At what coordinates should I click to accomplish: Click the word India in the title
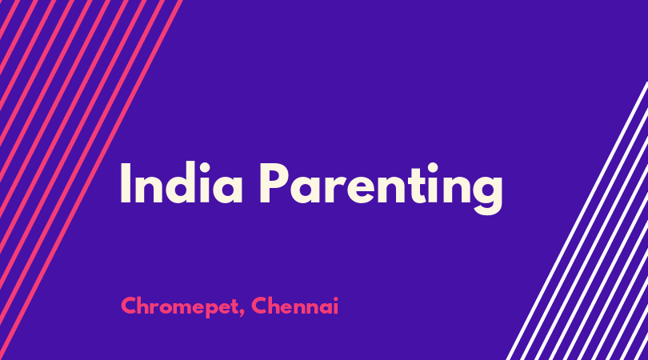pyautogui.click(x=182, y=182)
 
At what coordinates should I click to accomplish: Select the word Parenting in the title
pyautogui.click(x=381, y=188)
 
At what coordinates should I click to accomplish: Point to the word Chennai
pyautogui.click(x=294, y=306)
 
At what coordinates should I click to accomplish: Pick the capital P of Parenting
pyautogui.click(x=274, y=182)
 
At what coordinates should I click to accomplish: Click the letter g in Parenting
pyautogui.click(x=487, y=194)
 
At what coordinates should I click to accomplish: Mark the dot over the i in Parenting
pyautogui.click(x=433, y=167)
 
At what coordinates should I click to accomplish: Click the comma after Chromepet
pyautogui.click(x=242, y=314)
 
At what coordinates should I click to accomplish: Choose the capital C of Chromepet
pyautogui.click(x=129, y=306)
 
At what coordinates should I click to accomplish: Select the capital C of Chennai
pyautogui.click(x=259, y=306)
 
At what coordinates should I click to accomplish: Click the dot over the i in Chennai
pyautogui.click(x=335, y=298)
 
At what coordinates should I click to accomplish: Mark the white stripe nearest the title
pyautogui.click(x=577, y=221)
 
